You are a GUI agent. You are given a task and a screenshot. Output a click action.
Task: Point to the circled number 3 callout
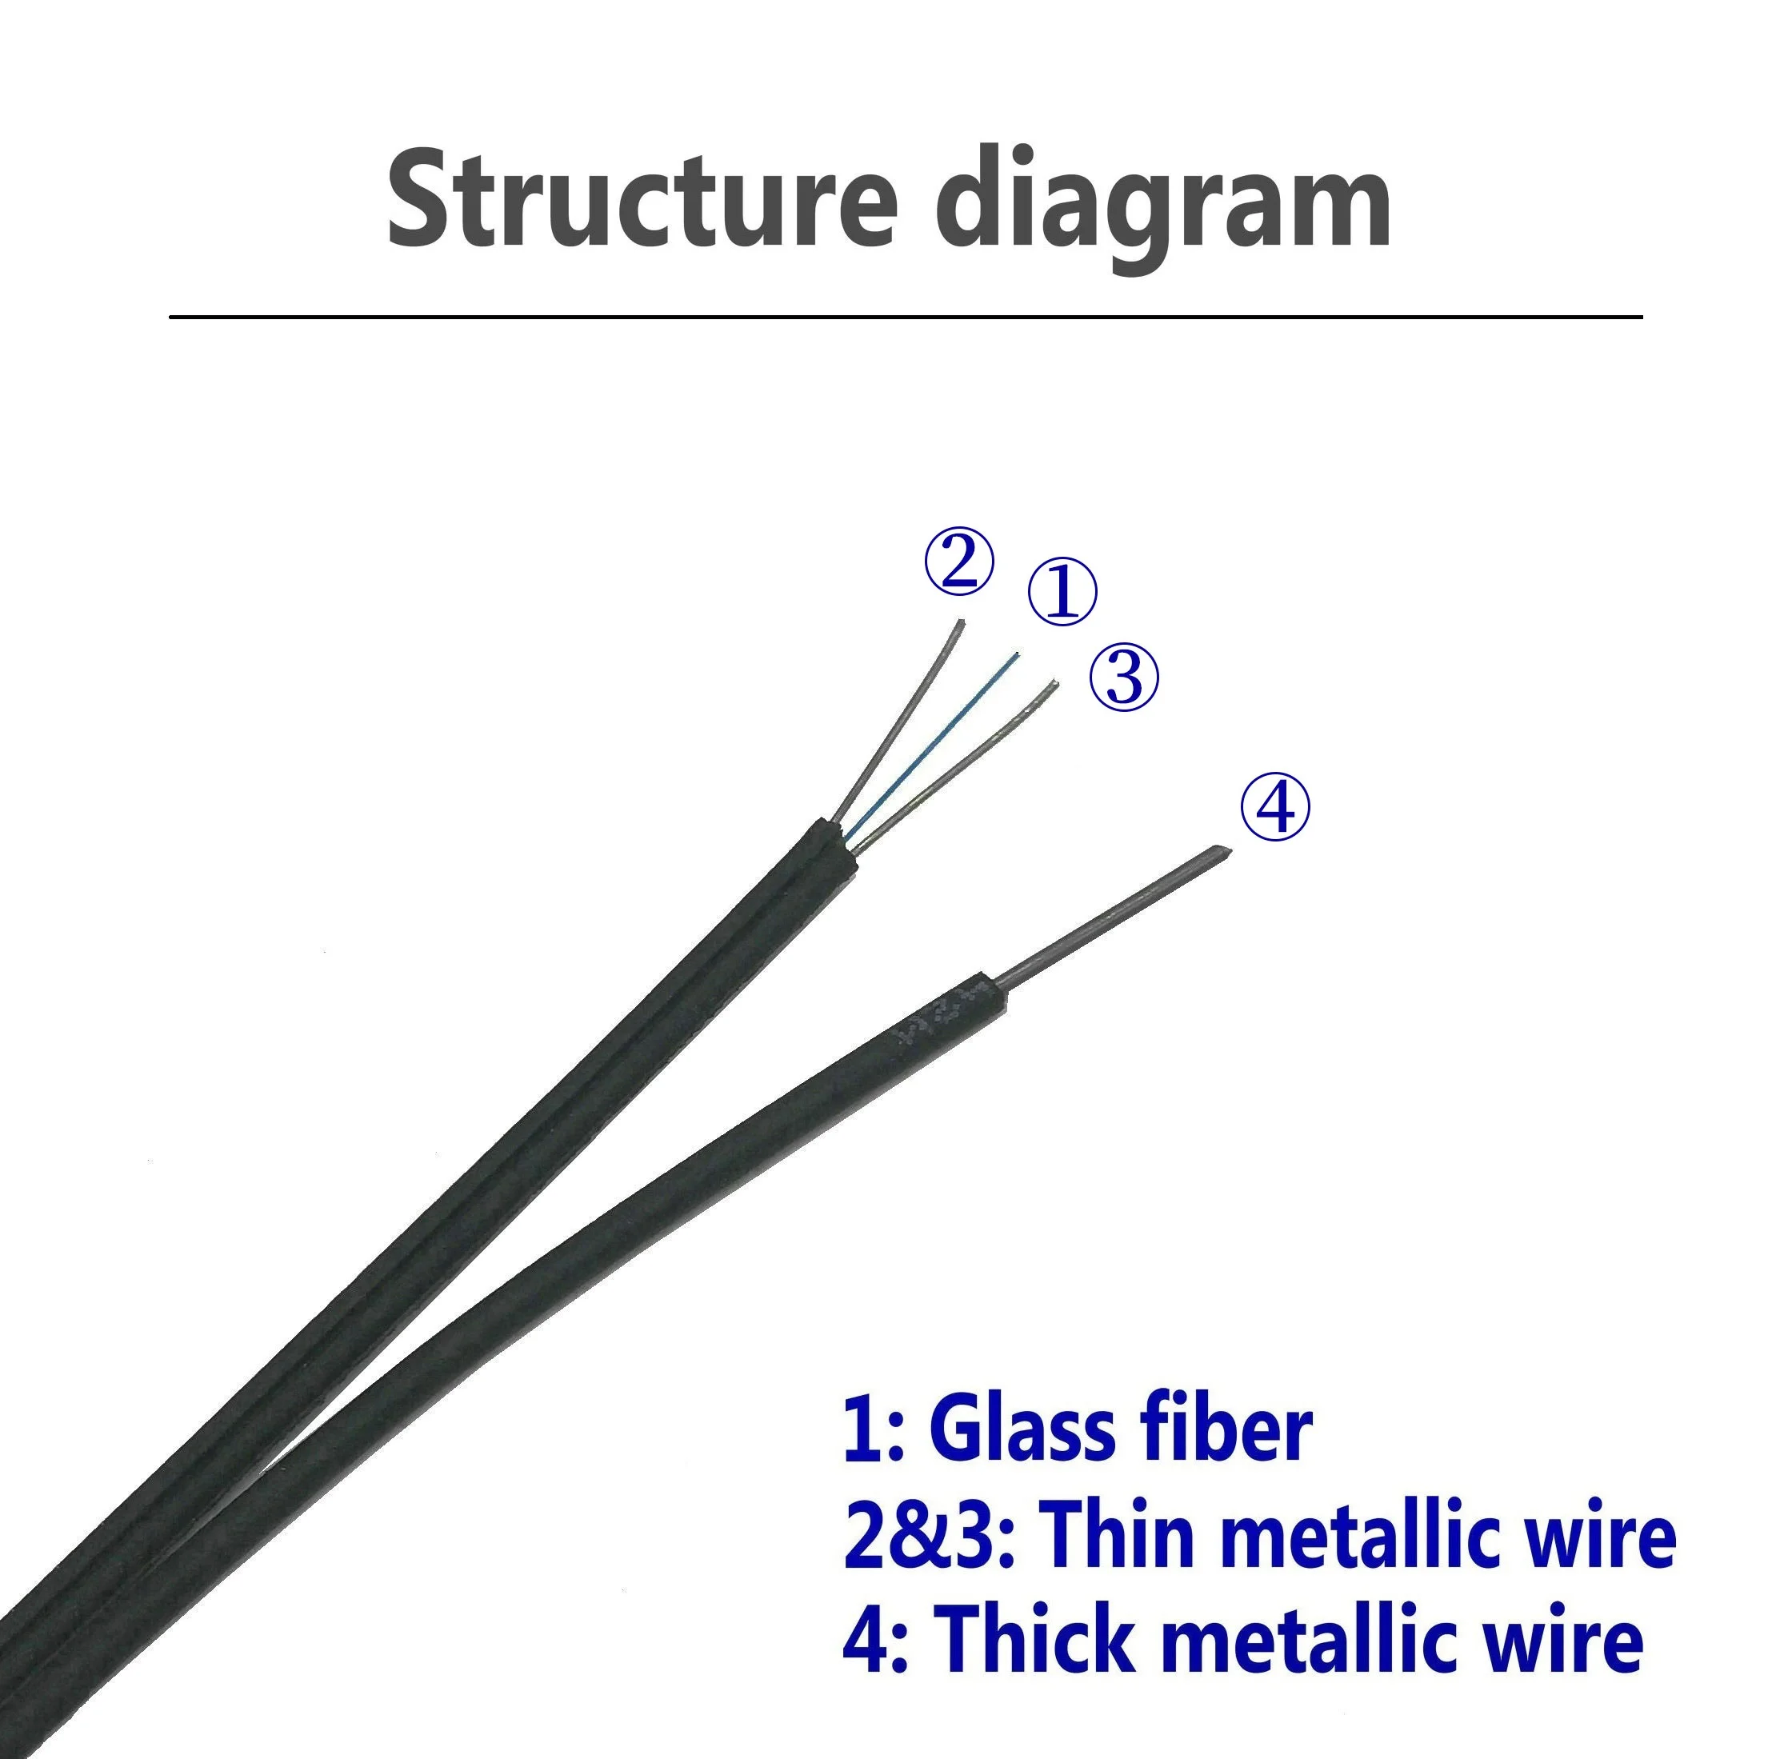pyautogui.click(x=1123, y=678)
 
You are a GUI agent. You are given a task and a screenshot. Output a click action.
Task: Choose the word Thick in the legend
pyautogui.click(x=1034, y=1637)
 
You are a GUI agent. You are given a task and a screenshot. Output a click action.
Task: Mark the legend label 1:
pyautogui.click(x=872, y=1432)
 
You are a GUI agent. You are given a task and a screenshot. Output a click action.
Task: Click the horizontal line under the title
pyautogui.click(x=906, y=317)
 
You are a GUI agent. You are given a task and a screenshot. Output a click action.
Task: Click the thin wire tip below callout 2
pyautogui.click(x=960, y=624)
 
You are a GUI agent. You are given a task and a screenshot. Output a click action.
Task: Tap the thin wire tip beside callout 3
pyautogui.click(x=1052, y=686)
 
